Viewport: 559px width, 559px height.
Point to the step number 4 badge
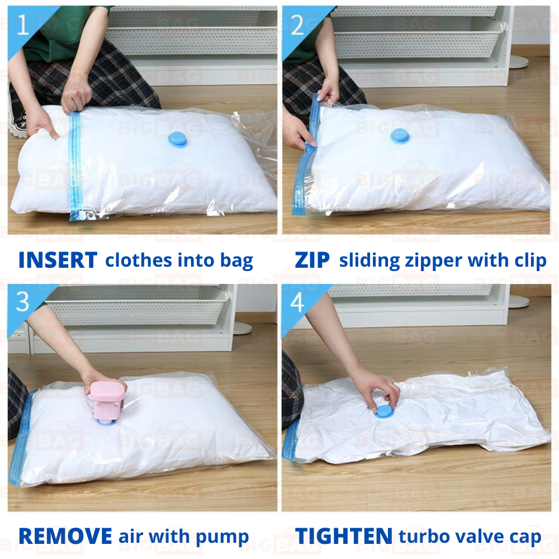pyautogui.click(x=297, y=302)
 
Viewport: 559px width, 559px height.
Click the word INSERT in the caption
pyautogui.click(x=58, y=260)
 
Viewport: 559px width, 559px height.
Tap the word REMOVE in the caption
pyautogui.click(x=65, y=536)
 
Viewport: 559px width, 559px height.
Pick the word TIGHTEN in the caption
pyautogui.click(x=344, y=536)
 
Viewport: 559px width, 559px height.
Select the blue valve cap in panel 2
pyautogui.click(x=400, y=136)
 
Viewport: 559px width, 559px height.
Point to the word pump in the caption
pyautogui.click(x=222, y=538)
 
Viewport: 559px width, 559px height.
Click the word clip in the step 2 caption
pyautogui.click(x=530, y=261)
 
